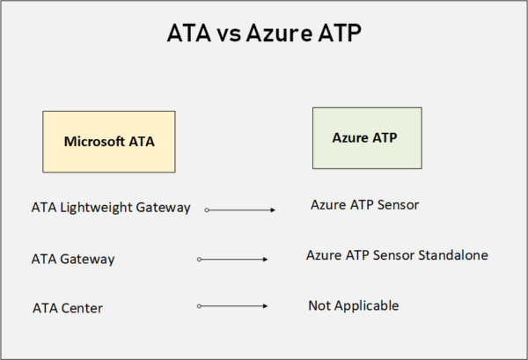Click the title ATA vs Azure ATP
pyautogui.click(x=263, y=36)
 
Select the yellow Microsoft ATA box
pyautogui.click(x=109, y=140)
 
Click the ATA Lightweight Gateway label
pyautogui.click(x=110, y=208)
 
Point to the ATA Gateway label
pyautogui.click(x=73, y=259)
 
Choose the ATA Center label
pyautogui.click(x=68, y=307)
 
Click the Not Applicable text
pyautogui.click(x=353, y=305)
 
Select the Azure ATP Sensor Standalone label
pyautogui.click(x=397, y=255)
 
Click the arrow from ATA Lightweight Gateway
pyautogui.click(x=241, y=210)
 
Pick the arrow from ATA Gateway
pyautogui.click(x=233, y=260)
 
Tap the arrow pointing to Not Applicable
pyautogui.click(x=233, y=305)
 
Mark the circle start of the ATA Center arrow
pyautogui.click(x=200, y=305)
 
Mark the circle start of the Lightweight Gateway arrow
pyautogui.click(x=207, y=210)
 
